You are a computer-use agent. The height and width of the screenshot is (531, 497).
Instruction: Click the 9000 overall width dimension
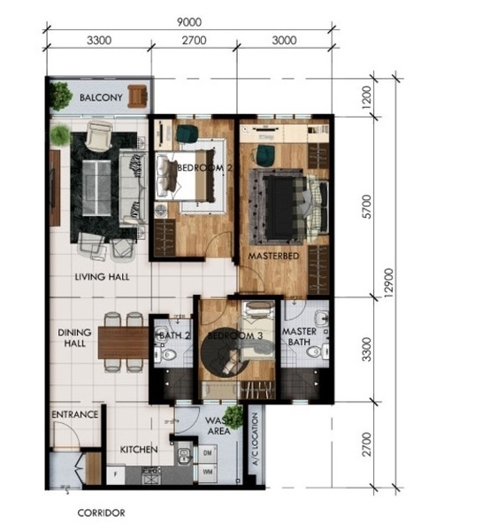click(x=189, y=22)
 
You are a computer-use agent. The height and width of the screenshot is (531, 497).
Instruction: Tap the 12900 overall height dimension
click(x=389, y=283)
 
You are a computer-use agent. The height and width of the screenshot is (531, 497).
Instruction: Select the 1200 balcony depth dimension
click(x=366, y=97)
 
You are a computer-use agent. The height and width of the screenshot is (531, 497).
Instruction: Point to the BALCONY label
click(x=101, y=98)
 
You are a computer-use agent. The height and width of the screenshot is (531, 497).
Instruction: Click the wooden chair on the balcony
click(x=137, y=96)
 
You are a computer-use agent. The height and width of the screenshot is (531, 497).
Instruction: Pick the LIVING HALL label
click(x=102, y=277)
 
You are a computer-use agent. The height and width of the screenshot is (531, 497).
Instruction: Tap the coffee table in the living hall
click(x=96, y=188)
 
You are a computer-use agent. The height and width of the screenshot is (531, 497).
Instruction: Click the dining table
click(x=124, y=342)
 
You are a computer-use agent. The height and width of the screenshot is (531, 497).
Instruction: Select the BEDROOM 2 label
click(x=204, y=167)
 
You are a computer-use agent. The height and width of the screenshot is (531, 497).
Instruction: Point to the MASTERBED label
click(x=274, y=256)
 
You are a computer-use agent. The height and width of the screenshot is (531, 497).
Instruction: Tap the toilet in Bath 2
click(x=167, y=355)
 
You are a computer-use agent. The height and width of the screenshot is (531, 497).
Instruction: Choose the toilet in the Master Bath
click(x=317, y=351)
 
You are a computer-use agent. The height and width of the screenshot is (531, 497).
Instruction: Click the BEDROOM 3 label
click(x=235, y=336)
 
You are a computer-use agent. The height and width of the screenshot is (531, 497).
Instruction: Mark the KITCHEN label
click(x=139, y=450)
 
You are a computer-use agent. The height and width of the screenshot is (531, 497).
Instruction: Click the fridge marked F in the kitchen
click(x=116, y=475)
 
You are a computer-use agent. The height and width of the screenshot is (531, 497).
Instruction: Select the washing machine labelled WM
click(x=208, y=473)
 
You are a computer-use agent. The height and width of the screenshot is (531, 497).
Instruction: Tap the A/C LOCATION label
click(x=256, y=439)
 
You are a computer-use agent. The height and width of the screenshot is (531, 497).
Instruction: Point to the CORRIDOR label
click(x=101, y=513)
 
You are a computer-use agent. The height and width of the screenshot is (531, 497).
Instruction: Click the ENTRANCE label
click(x=75, y=414)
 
